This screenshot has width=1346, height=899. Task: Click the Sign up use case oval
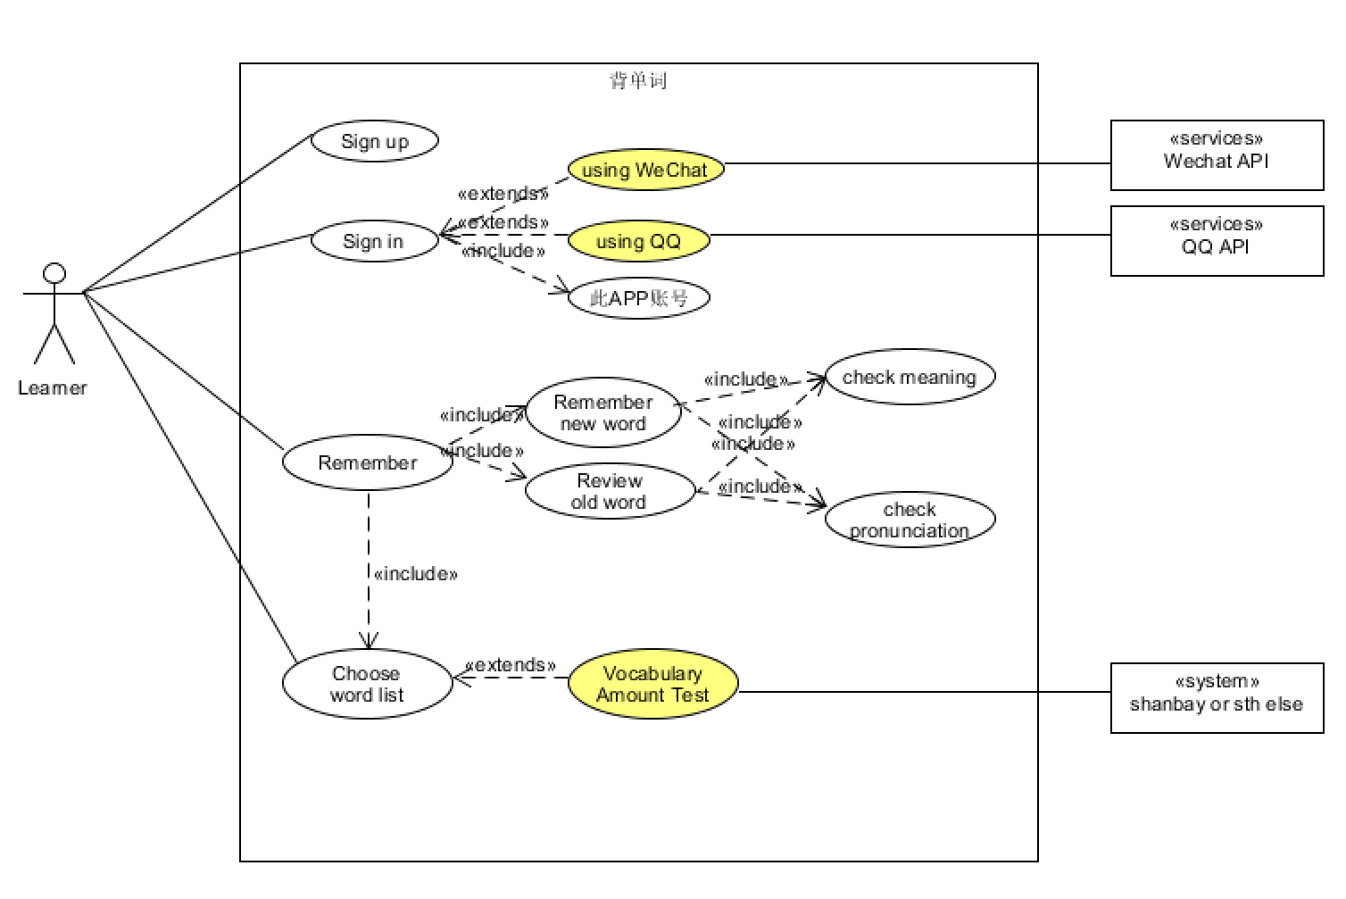[x=374, y=141]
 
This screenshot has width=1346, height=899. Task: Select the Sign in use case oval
[x=374, y=241]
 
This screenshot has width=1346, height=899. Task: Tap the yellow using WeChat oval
[x=645, y=170]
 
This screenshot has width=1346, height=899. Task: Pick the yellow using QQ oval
[x=638, y=241]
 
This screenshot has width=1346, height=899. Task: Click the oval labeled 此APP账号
[x=638, y=298]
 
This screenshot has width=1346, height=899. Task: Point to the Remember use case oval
[x=367, y=462]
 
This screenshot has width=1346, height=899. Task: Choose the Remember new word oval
[x=602, y=412]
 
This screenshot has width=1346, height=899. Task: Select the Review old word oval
[x=609, y=491]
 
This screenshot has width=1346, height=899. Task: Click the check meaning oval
[x=910, y=377]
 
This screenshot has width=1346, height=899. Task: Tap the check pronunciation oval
[x=910, y=520]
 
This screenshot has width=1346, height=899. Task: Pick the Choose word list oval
[x=367, y=684]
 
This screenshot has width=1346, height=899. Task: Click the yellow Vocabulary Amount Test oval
[x=652, y=684]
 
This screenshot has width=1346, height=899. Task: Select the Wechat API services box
[x=1217, y=155]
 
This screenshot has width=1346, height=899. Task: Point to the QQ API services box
[x=1217, y=241]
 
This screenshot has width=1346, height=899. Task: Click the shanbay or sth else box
[x=1217, y=698]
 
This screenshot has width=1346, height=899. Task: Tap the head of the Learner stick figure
[x=54, y=273]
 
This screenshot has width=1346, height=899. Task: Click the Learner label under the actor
[x=53, y=388]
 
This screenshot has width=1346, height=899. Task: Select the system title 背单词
[x=638, y=80]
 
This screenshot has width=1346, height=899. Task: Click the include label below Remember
[x=415, y=574]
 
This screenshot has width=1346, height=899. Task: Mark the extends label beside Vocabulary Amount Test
[x=511, y=665]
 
